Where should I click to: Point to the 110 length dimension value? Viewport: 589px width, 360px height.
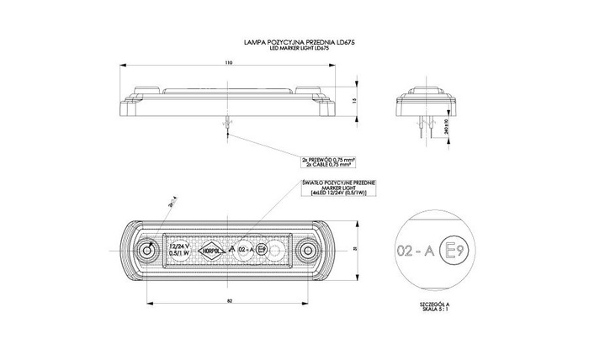click(230, 63)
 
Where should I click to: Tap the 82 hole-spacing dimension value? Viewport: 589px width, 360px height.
click(230, 301)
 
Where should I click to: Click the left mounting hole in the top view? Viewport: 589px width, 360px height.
click(149, 251)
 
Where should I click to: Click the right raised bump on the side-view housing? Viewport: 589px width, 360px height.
click(308, 87)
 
